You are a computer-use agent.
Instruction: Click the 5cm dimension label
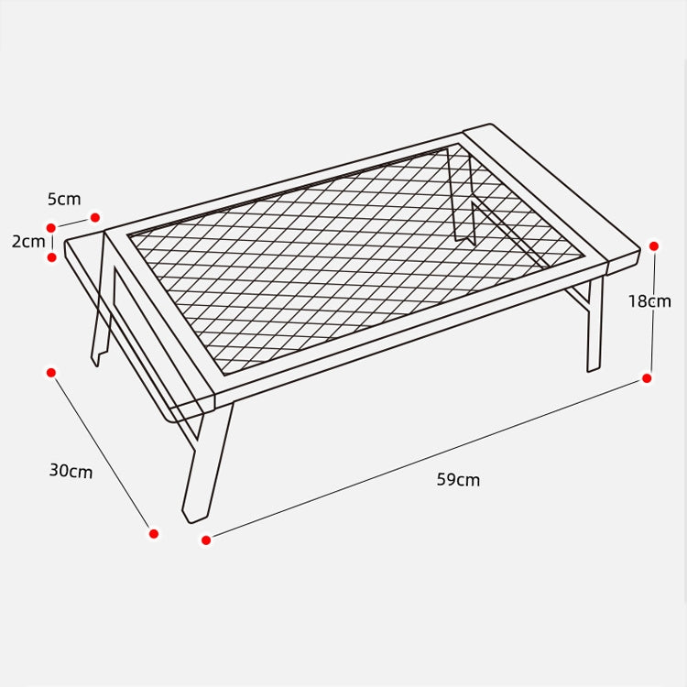point(64,199)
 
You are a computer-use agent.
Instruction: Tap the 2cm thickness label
point(27,242)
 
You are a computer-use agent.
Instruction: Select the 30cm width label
point(71,471)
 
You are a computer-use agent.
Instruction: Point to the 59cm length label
point(458,479)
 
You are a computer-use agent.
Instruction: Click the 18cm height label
point(649,300)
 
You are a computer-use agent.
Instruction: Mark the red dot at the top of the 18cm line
point(654,245)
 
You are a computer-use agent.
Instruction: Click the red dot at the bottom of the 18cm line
point(647,377)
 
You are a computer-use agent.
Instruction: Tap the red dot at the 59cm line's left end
point(206,540)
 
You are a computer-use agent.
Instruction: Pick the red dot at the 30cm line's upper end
point(51,372)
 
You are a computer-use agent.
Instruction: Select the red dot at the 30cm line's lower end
point(154,533)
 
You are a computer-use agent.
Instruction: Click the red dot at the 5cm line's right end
point(94,217)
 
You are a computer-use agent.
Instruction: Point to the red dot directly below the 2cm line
point(52,257)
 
